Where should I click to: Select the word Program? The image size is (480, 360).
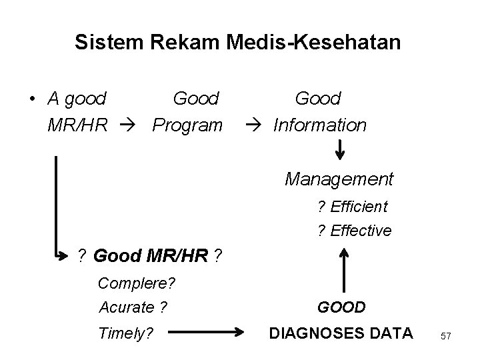(187, 125)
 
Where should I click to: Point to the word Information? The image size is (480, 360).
(320, 125)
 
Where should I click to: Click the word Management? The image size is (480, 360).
(339, 179)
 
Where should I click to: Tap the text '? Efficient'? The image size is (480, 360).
(353, 207)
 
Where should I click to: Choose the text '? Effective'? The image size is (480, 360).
(354, 231)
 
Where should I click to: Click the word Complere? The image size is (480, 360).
(137, 283)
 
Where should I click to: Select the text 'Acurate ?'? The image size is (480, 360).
(133, 307)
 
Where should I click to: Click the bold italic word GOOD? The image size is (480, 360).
(341, 307)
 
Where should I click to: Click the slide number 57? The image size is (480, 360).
(446, 337)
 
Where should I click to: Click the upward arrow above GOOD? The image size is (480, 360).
(344, 270)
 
